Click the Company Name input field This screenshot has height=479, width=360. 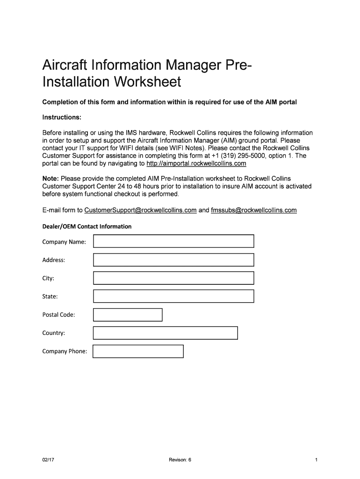[173, 241]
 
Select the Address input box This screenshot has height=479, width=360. [173, 260]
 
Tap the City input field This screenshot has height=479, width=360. [173, 278]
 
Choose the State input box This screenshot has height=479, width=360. [173, 296]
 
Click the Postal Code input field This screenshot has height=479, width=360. [128, 315]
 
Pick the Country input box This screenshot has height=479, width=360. [166, 333]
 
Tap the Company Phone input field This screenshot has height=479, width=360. [138, 351]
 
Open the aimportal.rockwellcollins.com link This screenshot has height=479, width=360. [196, 164]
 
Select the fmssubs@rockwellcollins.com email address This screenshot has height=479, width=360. [254, 210]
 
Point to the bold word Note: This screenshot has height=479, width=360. [50, 179]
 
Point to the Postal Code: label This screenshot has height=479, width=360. [59, 315]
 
